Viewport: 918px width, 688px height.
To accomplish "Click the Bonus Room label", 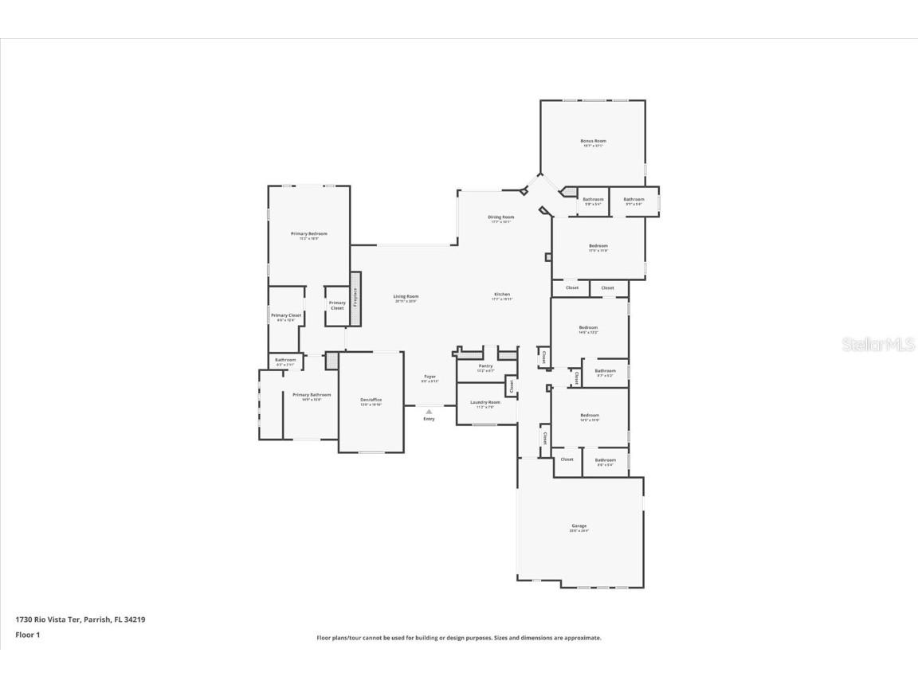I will (593, 141).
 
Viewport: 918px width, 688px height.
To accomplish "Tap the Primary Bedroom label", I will (308, 233).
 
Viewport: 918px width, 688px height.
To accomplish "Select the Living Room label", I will (406, 296).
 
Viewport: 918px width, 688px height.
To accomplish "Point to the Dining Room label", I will (501, 217).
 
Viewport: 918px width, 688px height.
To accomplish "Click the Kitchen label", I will (501, 294).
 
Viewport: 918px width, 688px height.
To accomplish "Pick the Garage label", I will (579, 526).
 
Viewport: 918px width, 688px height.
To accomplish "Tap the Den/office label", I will (371, 400).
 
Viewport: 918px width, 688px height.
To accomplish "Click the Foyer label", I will (430, 377).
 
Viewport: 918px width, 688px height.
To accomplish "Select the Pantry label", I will (485, 365).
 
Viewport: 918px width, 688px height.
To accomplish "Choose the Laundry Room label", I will (485, 402).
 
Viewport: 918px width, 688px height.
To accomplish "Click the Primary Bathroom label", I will (311, 395).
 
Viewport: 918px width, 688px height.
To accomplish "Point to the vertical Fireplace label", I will (355, 297).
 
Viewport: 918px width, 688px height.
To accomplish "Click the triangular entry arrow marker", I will (429, 412).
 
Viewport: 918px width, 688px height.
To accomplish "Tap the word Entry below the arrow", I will (429, 419).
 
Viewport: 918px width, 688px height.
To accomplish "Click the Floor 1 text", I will (27, 635).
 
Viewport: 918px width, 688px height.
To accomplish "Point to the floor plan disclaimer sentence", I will (459, 638).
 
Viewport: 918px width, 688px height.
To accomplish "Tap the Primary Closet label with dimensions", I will (286, 316).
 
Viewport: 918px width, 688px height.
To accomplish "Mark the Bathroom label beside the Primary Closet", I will (285, 360).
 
